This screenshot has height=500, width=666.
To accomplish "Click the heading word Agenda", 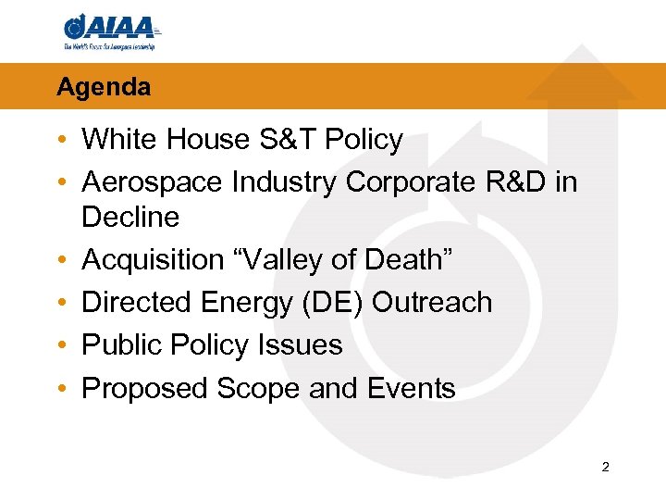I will pyautogui.click(x=103, y=87).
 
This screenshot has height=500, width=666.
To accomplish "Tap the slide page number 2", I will pyautogui.click(x=605, y=468).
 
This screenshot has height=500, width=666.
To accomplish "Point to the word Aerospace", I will pyautogui.click(x=152, y=182).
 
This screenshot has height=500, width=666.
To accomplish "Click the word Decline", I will pyautogui.click(x=129, y=217).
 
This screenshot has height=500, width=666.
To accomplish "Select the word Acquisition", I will pyautogui.click(x=151, y=260).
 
